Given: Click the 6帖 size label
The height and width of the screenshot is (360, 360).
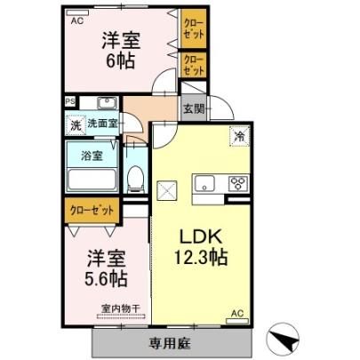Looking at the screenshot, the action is pyautogui.click(x=121, y=60).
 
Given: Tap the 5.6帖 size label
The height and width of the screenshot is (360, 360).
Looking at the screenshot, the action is pyautogui.click(x=106, y=278).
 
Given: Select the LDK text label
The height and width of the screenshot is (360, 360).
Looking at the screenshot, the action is pyautogui.click(x=201, y=236).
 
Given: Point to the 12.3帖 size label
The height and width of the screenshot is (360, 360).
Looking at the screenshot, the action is pyautogui.click(x=201, y=257).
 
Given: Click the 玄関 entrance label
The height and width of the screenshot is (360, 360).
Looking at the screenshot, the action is pyautogui.click(x=194, y=109).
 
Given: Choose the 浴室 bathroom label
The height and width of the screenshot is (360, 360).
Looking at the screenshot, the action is pyautogui.click(x=92, y=156).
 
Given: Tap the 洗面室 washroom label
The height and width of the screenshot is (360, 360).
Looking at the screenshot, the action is pyautogui.click(x=102, y=124).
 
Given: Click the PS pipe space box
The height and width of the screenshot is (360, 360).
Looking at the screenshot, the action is pyautogui.click(x=70, y=101).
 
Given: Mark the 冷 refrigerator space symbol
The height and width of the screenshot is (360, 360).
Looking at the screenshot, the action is pyautogui.click(x=239, y=136).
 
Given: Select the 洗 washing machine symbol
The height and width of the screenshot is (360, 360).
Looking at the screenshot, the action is pyautogui.click(x=76, y=125).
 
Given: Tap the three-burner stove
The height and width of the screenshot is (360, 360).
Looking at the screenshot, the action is pyautogui.click(x=238, y=183).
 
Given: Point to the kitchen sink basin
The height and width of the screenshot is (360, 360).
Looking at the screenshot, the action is pyautogui.click(x=204, y=183).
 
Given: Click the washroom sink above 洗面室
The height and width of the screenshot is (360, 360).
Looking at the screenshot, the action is pyautogui.click(x=108, y=103).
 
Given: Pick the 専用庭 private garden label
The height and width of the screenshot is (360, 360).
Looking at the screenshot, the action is pyautogui.click(x=170, y=343).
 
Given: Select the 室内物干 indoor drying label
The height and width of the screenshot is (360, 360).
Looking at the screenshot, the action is pyautogui.click(x=121, y=308).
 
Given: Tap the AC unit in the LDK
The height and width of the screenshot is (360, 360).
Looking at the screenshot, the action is pyautogui.click(x=237, y=321).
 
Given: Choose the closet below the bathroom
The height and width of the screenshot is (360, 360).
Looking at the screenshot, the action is pyautogui.click(x=92, y=211).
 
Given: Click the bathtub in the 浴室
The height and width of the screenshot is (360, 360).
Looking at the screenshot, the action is pyautogui.click(x=92, y=180).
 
